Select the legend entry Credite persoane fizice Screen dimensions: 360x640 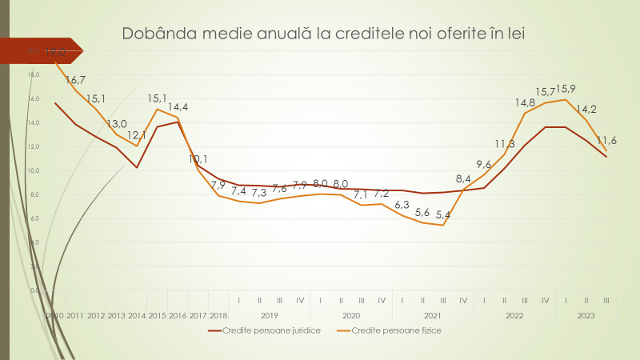(x=397, y=330)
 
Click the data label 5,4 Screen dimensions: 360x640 (x=442, y=214)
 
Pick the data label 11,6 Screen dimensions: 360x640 (x=606, y=140)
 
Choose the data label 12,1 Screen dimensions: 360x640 (x=137, y=135)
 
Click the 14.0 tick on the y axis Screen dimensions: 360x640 (x=34, y=122)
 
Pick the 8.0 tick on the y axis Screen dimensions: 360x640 (x=34, y=194)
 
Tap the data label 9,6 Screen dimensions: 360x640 (x=484, y=163)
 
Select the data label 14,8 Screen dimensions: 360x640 (x=525, y=102)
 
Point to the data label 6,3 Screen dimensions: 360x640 (x=402, y=205)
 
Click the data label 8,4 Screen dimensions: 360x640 (x=463, y=178)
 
